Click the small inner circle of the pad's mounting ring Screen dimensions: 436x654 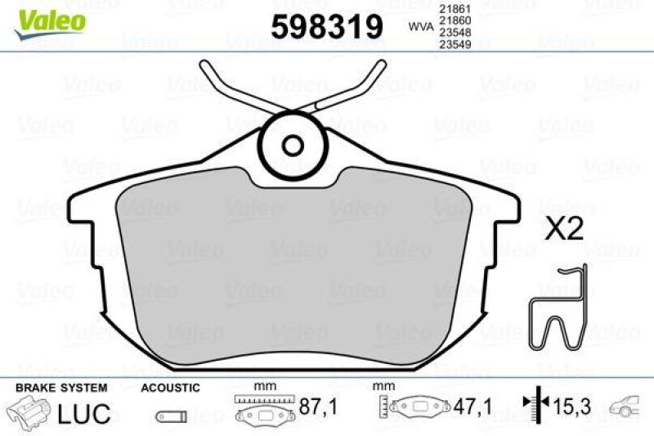point(292,146)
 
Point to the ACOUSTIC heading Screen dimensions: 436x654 point(170,387)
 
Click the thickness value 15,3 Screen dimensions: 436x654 point(572,405)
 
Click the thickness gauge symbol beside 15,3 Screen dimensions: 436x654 point(532,404)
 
